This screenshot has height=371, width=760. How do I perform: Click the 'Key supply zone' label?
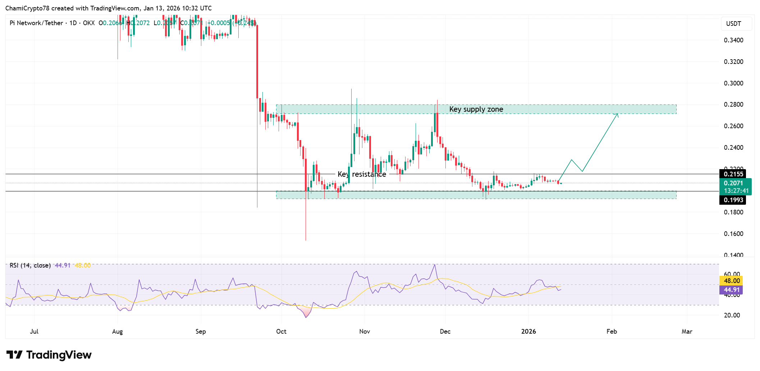(x=476, y=109)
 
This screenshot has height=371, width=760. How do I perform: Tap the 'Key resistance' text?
(x=362, y=174)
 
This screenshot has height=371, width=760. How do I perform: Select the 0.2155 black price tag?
(x=733, y=174)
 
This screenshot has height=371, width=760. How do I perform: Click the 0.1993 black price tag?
(x=733, y=200)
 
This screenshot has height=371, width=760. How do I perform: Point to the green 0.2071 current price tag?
(x=735, y=187)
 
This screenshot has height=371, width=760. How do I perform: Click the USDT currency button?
(x=733, y=24)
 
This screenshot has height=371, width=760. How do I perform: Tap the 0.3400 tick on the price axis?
(x=733, y=40)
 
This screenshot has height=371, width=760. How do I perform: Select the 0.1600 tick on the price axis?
(x=733, y=234)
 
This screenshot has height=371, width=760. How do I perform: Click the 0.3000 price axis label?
(x=733, y=83)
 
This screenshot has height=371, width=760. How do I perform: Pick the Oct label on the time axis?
(x=281, y=331)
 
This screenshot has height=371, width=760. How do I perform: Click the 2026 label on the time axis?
(x=528, y=331)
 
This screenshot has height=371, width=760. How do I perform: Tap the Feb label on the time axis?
(x=612, y=331)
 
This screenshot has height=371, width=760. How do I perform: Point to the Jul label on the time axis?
(x=34, y=331)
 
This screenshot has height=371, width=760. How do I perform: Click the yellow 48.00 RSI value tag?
(x=732, y=281)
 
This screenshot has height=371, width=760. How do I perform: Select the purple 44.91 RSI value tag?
(x=732, y=290)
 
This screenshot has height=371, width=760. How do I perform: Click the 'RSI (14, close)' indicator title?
(x=30, y=265)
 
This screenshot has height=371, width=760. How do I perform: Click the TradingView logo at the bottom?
(x=49, y=355)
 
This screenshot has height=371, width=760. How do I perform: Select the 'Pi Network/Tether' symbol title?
(x=36, y=23)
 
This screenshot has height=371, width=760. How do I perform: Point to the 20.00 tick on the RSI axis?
(x=732, y=315)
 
